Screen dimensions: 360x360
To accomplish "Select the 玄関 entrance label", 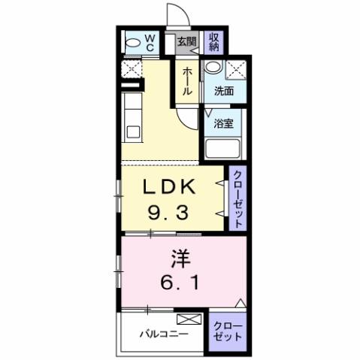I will [x=186, y=42].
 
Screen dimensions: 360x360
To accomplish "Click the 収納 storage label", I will [x=213, y=41].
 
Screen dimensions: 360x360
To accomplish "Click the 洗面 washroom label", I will [x=224, y=92].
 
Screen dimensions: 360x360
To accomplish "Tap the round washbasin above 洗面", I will [x=213, y=68].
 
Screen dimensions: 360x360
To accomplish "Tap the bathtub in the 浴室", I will [x=222, y=146].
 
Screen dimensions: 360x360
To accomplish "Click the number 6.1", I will [x=180, y=284].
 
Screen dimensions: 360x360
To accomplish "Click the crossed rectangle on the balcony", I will [x=189, y=319].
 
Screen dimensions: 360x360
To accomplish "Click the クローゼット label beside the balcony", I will [x=228, y=331].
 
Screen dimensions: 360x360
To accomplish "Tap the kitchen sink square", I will [x=133, y=133].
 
